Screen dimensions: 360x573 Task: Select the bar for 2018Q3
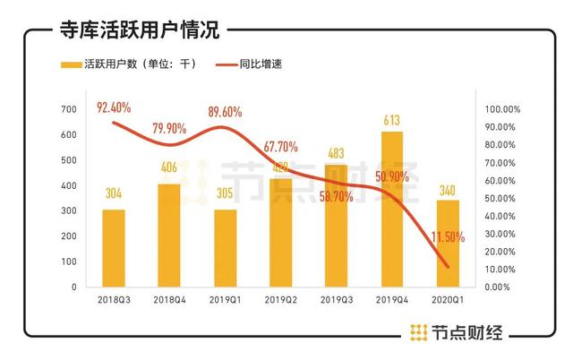pos(113,248)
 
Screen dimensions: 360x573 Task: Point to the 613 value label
pos(391,118)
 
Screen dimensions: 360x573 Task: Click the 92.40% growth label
pos(114,108)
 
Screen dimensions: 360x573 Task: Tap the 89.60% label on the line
pos(226,113)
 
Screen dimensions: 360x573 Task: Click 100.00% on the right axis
pos(501,108)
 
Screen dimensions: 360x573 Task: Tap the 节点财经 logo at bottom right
pos(456,333)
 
